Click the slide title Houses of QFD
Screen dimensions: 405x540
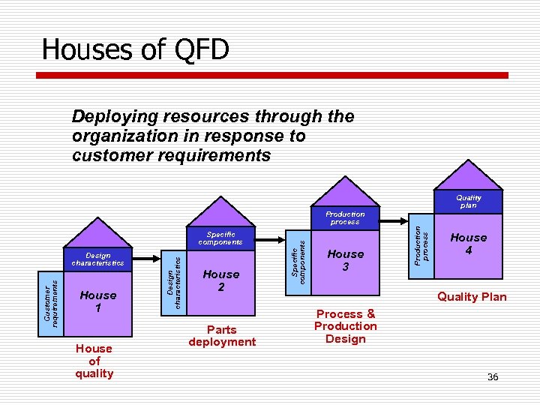[x=136, y=49]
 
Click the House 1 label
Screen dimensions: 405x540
[x=98, y=301]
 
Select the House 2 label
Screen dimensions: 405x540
[x=221, y=280]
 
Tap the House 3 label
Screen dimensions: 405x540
[x=346, y=260]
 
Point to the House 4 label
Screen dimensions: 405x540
[x=469, y=244]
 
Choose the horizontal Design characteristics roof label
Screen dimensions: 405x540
[x=98, y=259]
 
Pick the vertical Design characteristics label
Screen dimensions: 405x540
[x=174, y=282]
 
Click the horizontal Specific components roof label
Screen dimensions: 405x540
[x=220, y=238]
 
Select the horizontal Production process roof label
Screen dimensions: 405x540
[x=345, y=218]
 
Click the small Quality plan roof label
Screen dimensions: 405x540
[x=469, y=201]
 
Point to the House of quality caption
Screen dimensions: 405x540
[x=94, y=361]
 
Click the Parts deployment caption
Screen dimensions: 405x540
[x=222, y=335]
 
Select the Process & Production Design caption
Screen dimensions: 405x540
[x=346, y=326]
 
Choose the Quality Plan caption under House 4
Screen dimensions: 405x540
[x=472, y=297]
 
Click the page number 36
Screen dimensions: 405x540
[x=493, y=376]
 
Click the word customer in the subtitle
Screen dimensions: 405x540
[x=106, y=156]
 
